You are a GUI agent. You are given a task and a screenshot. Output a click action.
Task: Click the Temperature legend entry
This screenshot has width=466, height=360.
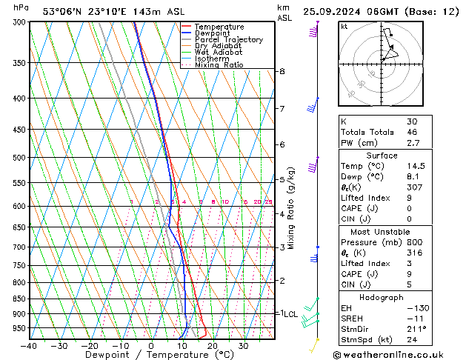220,27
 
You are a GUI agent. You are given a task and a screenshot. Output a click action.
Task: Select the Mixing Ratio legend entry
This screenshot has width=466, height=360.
219,65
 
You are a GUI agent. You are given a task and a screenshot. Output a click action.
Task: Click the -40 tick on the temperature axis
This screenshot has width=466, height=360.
30,346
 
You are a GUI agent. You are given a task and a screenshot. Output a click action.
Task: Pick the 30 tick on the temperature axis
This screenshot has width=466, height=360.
243,346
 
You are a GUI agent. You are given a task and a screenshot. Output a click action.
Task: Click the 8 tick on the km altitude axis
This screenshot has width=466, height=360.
282,71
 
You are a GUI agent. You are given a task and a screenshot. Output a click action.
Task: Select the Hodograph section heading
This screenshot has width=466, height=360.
383,297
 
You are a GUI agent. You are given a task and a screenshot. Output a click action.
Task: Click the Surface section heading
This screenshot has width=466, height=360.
383,156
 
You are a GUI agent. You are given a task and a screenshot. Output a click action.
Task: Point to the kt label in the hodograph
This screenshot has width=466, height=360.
344,27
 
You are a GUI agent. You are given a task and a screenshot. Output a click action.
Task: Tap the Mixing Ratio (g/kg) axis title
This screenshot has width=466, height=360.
292,207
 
